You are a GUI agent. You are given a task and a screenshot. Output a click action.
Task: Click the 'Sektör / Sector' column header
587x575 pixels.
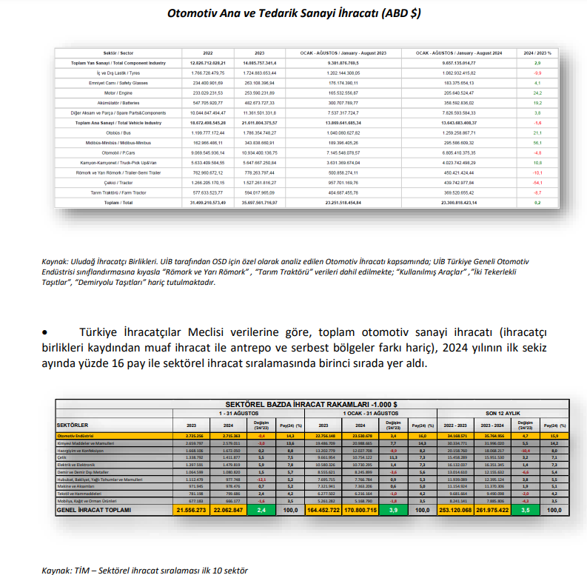pyautogui.click(x=119, y=54)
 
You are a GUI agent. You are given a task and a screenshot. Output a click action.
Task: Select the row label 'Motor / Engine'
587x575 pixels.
pyautogui.click(x=119, y=93)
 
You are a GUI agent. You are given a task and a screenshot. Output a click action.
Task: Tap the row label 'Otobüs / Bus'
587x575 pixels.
pyautogui.click(x=119, y=132)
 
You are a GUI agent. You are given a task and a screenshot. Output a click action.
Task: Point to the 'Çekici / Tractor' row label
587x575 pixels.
pyautogui.click(x=119, y=181)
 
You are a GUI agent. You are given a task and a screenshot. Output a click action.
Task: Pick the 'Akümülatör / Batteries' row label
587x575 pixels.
pyautogui.click(x=119, y=103)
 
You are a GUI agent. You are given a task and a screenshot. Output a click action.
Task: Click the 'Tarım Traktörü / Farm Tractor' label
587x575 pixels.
pyautogui.click(x=119, y=191)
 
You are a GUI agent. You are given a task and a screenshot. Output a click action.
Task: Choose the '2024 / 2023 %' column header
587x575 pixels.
pyautogui.click(x=537, y=54)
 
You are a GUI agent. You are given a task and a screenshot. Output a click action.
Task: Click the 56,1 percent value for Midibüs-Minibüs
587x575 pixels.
pyautogui.click(x=537, y=142)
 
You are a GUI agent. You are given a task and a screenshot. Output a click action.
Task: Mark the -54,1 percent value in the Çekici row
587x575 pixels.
pyautogui.click(x=537, y=181)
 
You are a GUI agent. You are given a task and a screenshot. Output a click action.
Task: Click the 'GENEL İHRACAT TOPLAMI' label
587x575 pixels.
pyautogui.click(x=95, y=510)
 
